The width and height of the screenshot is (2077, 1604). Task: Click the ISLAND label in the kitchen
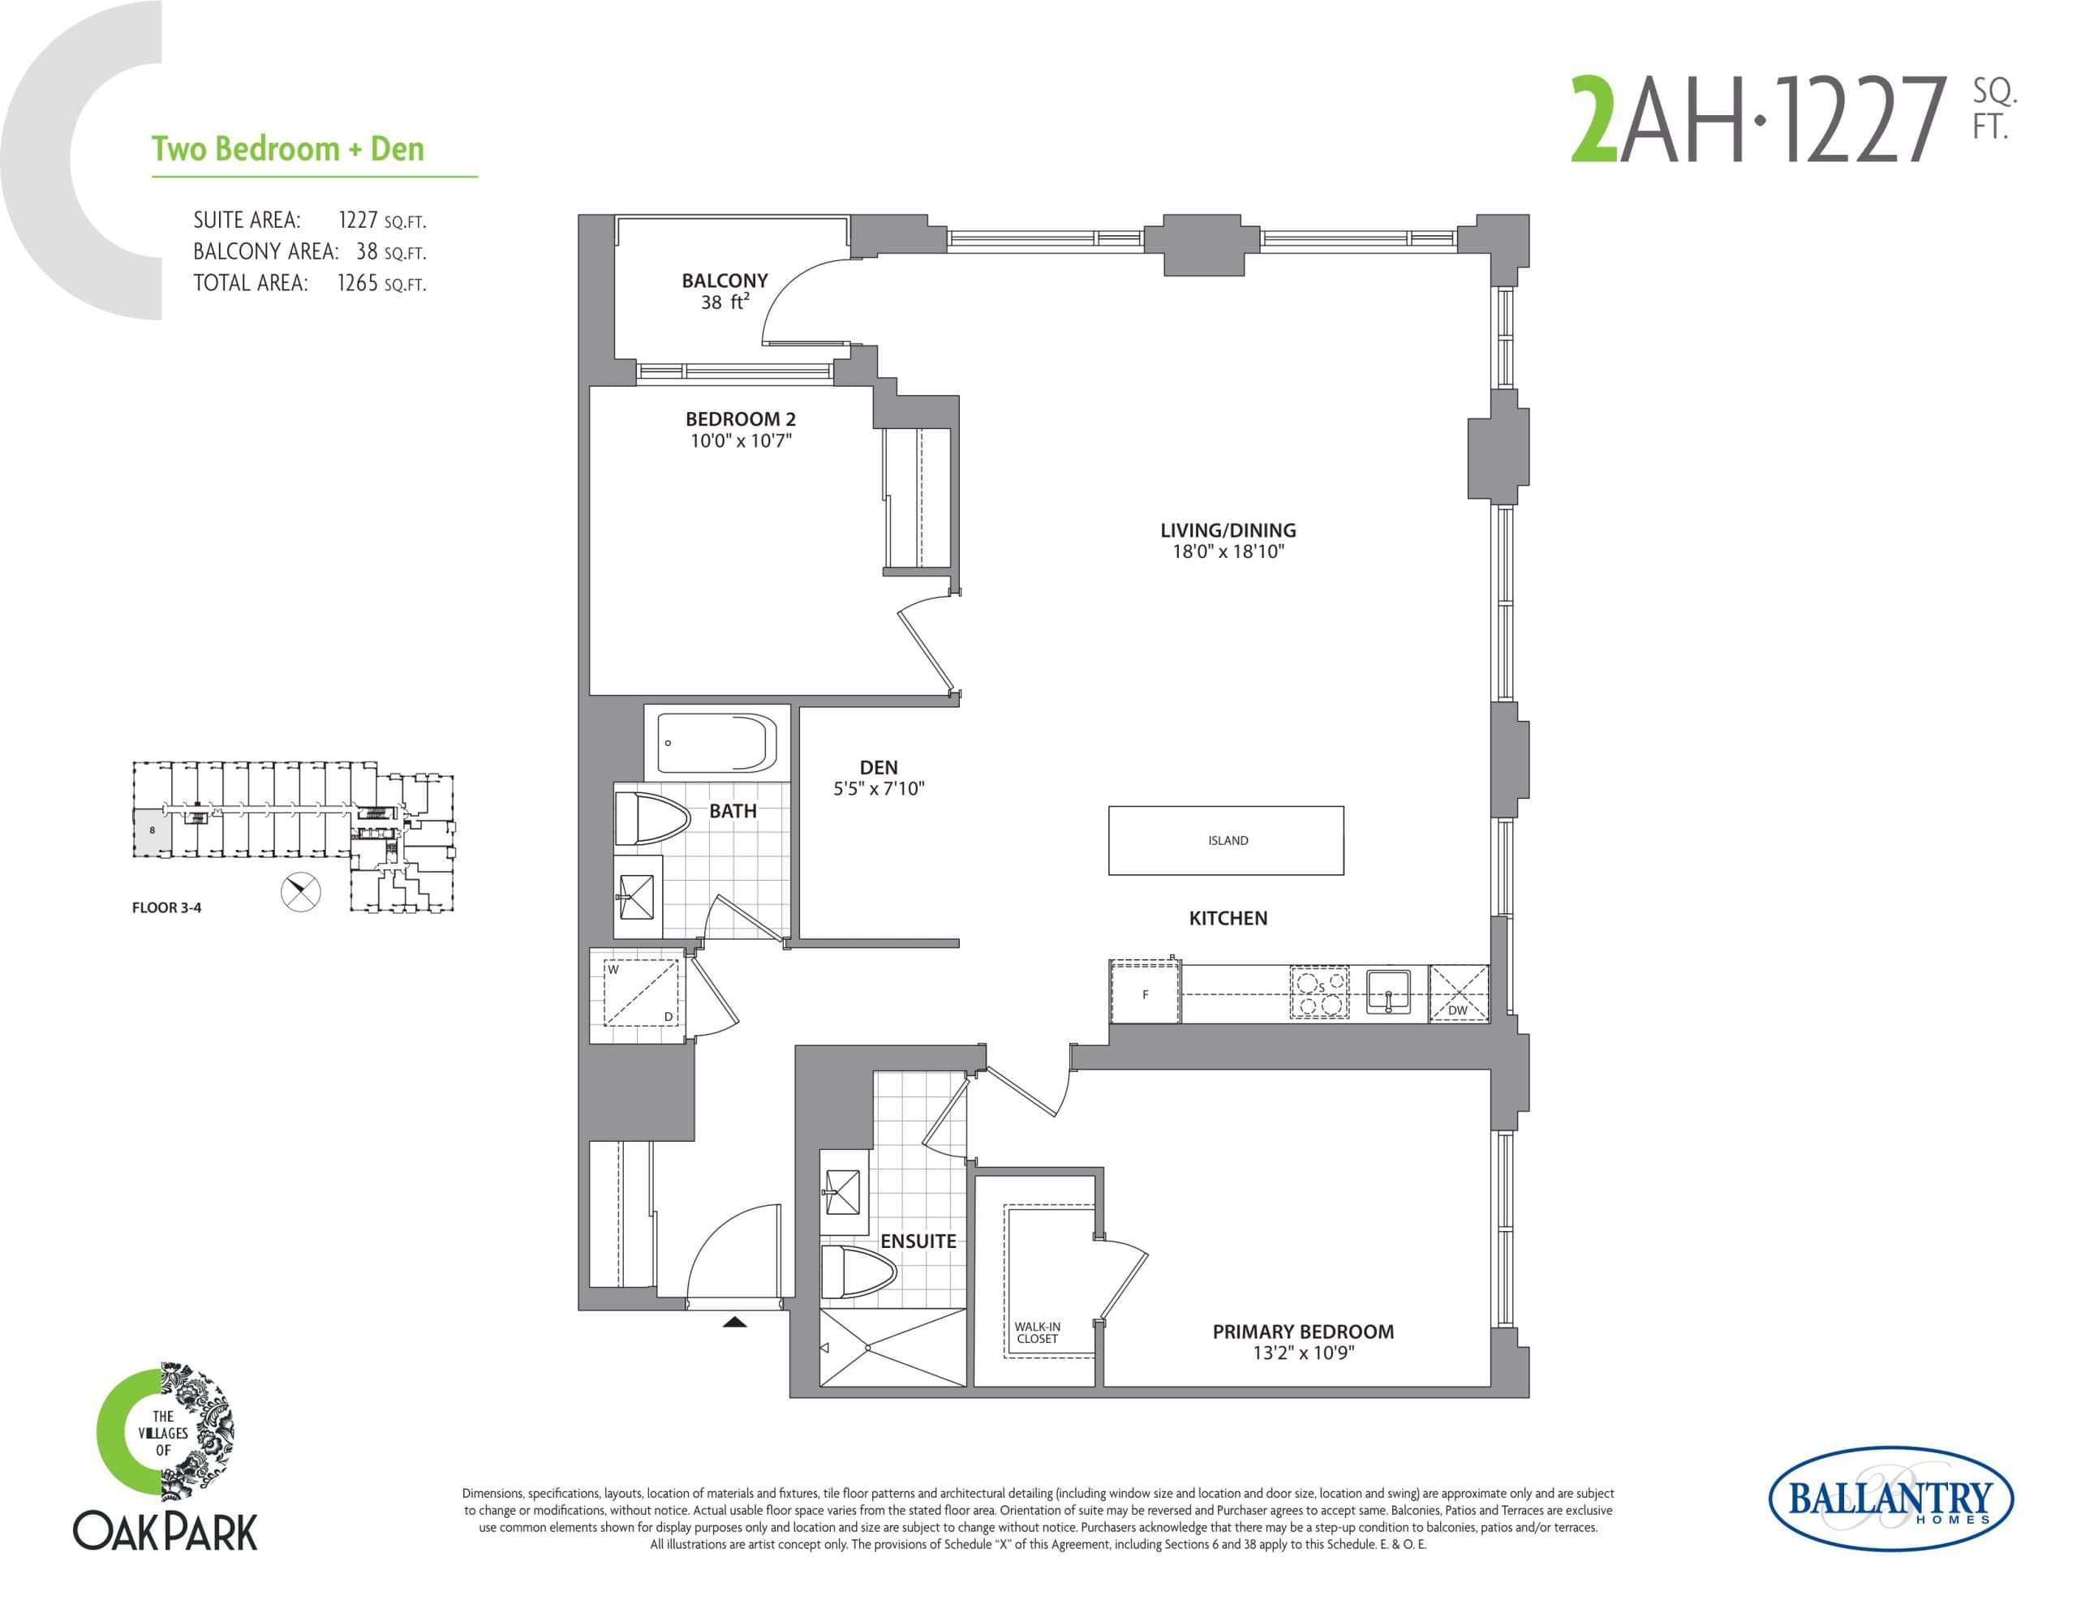(1227, 840)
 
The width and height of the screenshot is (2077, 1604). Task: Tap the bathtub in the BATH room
(717, 743)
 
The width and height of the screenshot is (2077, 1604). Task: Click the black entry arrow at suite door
(734, 1322)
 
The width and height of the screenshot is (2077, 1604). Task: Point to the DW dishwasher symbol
(1458, 993)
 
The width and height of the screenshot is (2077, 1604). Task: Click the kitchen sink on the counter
(1387, 992)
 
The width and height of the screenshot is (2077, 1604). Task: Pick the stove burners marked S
(1319, 993)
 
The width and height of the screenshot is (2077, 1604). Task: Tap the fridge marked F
(1145, 993)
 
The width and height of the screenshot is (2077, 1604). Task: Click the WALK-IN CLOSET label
(1037, 1332)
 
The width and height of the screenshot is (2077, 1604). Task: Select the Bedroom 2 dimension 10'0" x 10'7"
(741, 441)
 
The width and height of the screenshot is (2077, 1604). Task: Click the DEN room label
(878, 767)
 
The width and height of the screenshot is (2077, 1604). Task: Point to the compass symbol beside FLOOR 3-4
(302, 892)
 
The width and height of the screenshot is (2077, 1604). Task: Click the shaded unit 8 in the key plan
(153, 830)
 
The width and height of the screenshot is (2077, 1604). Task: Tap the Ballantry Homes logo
(1890, 1499)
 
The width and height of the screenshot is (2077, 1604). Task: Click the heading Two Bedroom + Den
(288, 149)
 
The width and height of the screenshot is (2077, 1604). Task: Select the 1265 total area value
(358, 283)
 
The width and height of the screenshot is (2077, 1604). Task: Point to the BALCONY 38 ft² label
(725, 291)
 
